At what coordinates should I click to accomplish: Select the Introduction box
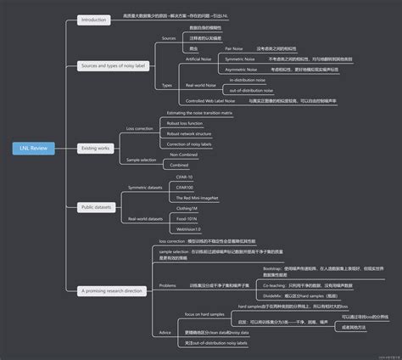tap(93, 19)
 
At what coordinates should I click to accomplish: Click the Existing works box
tap(96, 147)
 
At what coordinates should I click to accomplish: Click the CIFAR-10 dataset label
tap(184, 177)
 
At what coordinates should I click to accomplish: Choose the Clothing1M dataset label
tap(187, 208)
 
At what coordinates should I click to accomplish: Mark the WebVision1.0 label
tap(188, 228)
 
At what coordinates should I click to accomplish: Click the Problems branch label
tap(168, 285)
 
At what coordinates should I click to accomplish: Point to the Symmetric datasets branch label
tap(144, 187)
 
